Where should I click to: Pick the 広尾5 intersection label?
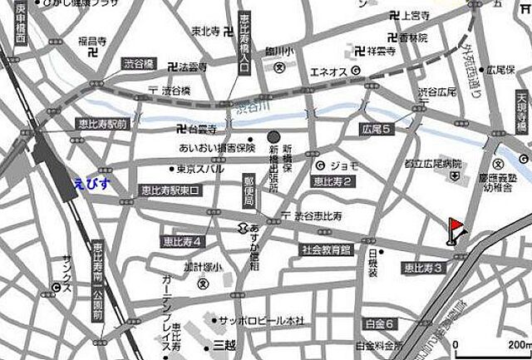coord(377,130)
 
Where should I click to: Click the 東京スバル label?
coord(199,170)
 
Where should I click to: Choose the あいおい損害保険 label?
coord(214,150)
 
